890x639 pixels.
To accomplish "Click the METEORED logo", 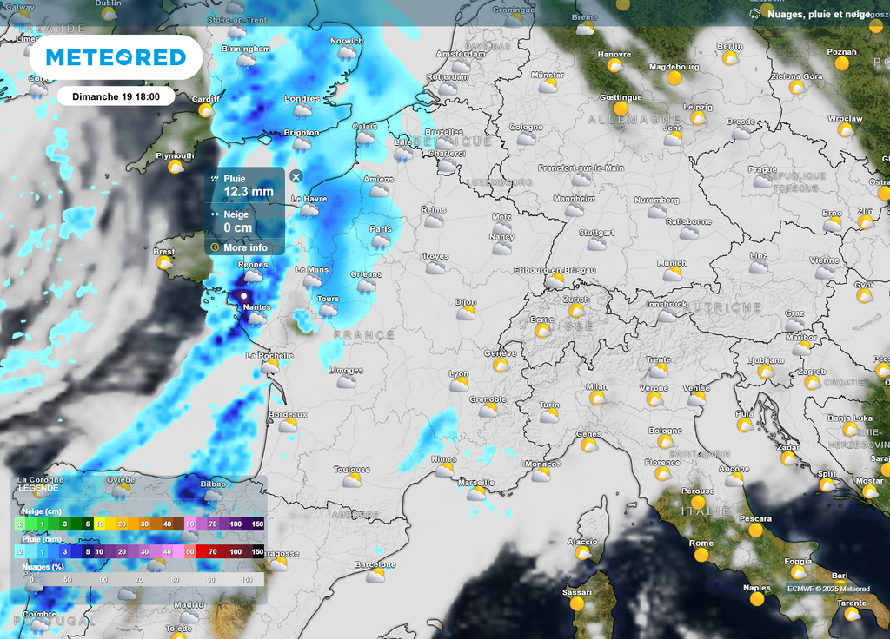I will [x=116, y=57].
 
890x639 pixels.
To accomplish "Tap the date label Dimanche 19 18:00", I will [x=116, y=96].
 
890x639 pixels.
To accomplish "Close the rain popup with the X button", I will [x=296, y=176].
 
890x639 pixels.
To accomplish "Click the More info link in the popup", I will [x=245, y=247].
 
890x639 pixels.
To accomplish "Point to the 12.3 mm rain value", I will [x=249, y=192].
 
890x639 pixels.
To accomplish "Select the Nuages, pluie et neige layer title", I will [x=820, y=14].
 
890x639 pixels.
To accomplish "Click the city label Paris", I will [x=381, y=229].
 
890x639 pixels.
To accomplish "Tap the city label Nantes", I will [x=256, y=307].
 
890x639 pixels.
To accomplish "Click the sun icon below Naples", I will [x=757, y=598].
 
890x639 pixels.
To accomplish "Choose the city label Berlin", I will [x=729, y=46].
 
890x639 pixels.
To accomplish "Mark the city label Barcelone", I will [x=375, y=565].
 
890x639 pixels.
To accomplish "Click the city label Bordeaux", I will [x=287, y=415].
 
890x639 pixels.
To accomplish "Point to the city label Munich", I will [x=671, y=263].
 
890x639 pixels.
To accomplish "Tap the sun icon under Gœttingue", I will [x=621, y=109].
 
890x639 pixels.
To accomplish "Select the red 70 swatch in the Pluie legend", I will [x=212, y=551].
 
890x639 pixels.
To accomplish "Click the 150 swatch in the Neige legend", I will [x=257, y=524].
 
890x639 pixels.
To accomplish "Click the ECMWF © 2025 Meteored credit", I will [x=827, y=589].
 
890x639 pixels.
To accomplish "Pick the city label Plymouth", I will [x=175, y=156].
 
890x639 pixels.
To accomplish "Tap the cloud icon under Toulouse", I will [x=351, y=481].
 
